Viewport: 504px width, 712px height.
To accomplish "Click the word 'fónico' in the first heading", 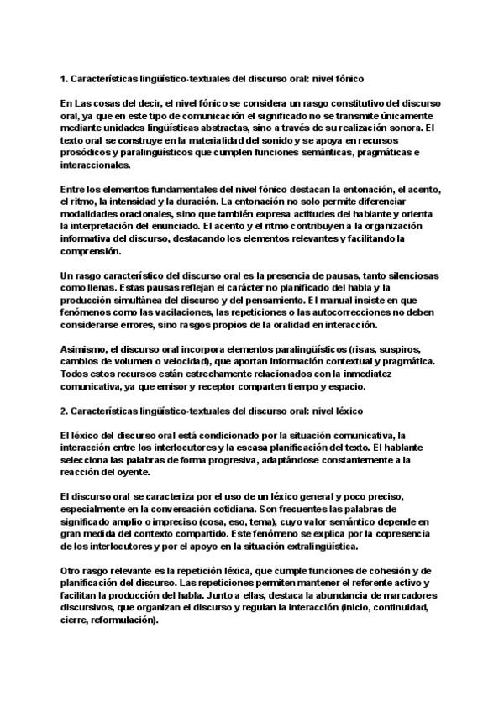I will tap(345, 80).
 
